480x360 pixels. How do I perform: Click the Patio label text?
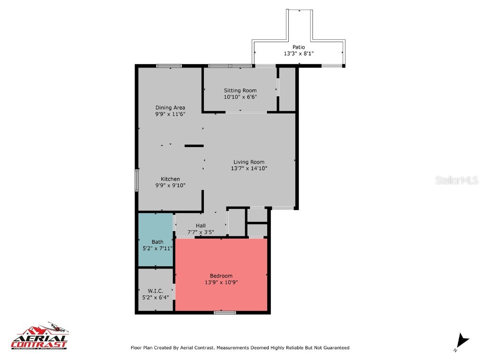299,47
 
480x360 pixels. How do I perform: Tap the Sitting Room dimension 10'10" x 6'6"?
240,97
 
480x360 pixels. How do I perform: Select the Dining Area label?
170,107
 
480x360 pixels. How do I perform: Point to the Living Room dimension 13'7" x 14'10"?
249,168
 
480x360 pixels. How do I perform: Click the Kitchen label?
170,179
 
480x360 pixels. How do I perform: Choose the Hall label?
201,225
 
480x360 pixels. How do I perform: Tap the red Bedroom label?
221,276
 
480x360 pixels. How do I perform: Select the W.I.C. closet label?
155,291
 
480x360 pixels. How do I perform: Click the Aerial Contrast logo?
40,337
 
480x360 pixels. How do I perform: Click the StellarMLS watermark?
457,180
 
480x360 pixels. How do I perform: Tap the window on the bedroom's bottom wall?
225,312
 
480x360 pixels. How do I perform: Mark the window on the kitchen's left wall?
136,180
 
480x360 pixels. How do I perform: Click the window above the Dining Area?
169,66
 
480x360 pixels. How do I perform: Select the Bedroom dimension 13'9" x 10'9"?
221,282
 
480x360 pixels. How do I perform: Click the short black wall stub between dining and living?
194,146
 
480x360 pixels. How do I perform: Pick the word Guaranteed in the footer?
334,348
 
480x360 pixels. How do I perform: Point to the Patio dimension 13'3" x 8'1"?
299,53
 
